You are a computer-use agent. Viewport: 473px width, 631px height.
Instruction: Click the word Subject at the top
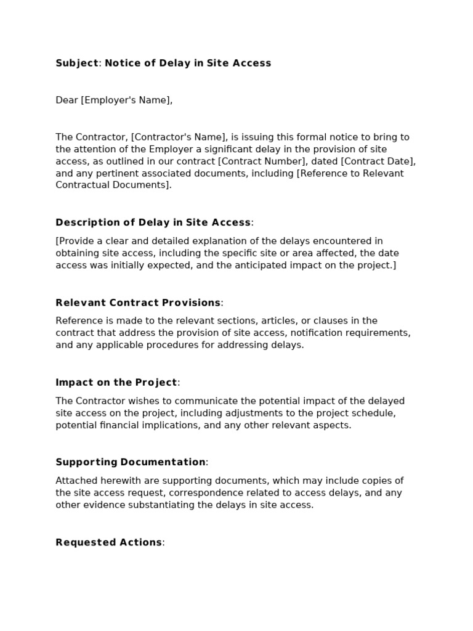77,63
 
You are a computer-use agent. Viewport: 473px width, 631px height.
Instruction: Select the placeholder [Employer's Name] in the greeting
126,100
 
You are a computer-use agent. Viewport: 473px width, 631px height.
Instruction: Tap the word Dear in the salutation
67,100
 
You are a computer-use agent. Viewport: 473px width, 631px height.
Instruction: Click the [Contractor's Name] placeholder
179,137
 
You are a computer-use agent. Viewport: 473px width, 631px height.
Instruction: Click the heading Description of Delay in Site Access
153,222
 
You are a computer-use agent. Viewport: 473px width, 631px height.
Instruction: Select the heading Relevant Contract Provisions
138,303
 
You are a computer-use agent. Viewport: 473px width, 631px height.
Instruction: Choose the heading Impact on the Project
116,382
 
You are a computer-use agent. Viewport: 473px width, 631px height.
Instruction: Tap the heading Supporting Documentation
131,462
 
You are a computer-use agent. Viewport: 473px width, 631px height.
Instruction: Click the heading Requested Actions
109,542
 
